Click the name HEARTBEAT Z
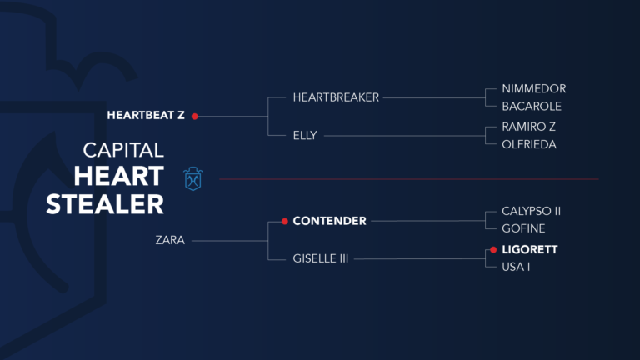pos(146,116)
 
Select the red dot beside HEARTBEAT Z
pos(194,117)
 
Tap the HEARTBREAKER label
pos(336,97)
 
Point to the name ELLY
pos(305,135)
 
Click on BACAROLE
pos(532,107)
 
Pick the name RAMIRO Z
pos(528,127)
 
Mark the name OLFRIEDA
pos(529,144)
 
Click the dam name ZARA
pos(170,240)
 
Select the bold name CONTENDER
pos(329,221)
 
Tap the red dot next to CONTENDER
pos(284,221)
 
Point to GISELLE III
pos(320,259)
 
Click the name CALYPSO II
pos(531,211)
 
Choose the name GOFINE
pos(523,228)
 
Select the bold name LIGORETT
pos(529,249)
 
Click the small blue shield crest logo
pos(193,178)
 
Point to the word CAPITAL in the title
pos(123,150)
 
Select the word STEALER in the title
pos(105,204)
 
